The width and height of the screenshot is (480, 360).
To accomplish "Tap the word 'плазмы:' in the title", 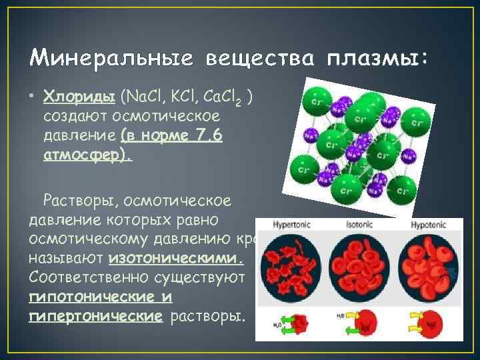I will point(379,58).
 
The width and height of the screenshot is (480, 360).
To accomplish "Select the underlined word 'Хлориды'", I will point(81,99).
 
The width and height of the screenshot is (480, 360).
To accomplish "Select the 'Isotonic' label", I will point(359,225).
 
